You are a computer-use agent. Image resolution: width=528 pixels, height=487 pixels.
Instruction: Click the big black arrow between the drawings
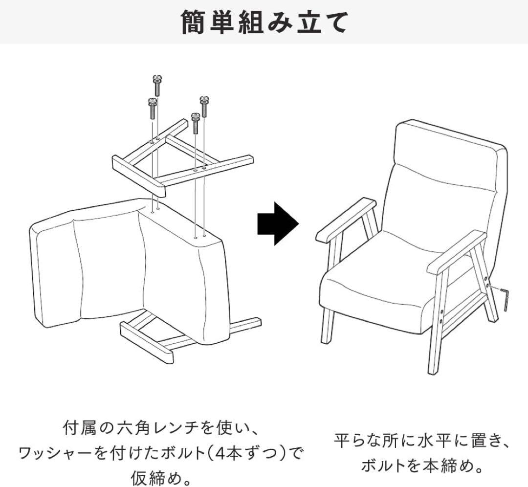[x=278, y=223]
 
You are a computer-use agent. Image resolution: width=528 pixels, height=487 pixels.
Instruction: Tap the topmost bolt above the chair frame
[x=156, y=86]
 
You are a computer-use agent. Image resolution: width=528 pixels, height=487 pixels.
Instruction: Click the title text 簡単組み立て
[x=264, y=22]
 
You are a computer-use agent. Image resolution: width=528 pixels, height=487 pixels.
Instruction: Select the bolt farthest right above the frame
[x=203, y=106]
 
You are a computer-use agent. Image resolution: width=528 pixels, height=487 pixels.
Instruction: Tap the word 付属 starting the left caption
[x=80, y=428]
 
